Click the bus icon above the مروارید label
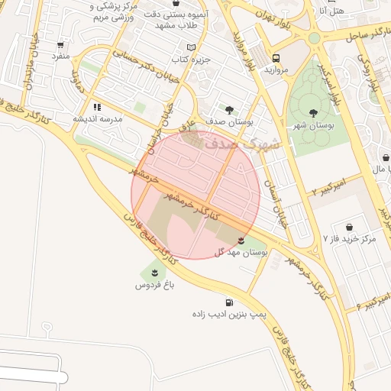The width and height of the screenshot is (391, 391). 275,57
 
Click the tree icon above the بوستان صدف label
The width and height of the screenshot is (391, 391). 230,109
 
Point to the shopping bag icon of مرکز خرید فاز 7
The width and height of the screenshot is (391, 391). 349,227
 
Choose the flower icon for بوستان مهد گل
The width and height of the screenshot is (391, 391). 241,241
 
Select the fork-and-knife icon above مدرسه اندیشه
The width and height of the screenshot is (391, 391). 97,107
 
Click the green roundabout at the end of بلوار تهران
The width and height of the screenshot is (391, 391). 314,38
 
